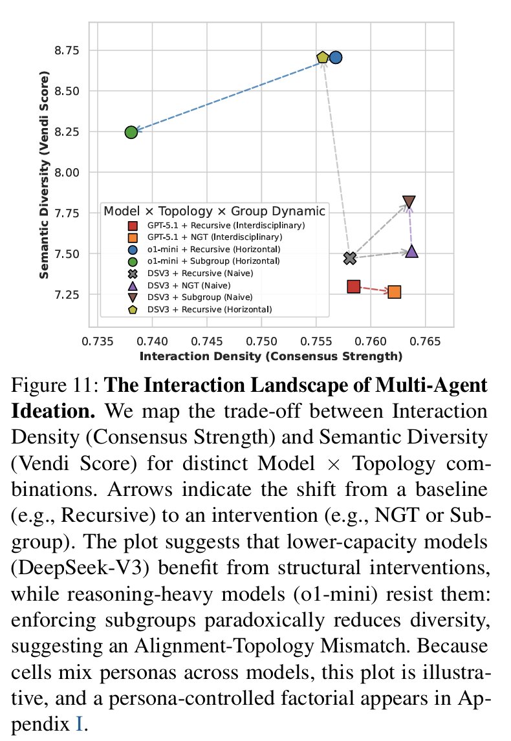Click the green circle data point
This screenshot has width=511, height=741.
131,132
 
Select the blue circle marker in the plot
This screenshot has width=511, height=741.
335,57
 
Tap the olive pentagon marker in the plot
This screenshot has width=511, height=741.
323,58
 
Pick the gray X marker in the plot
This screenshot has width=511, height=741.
350,258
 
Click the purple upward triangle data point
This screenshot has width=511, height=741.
412,252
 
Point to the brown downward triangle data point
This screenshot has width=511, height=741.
409,202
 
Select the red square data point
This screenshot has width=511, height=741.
353,286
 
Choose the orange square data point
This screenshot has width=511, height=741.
394,292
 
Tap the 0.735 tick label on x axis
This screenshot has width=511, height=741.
98,340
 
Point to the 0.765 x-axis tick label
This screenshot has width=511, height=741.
425,340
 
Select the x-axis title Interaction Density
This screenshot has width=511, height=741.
270,356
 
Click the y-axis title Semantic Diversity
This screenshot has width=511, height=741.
44,174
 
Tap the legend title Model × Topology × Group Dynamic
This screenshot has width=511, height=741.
214,211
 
